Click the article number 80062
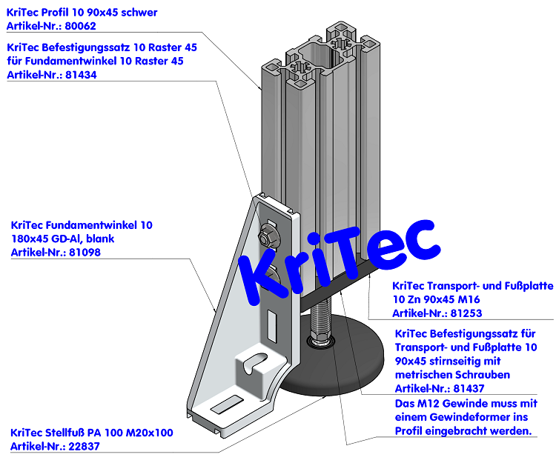click(80, 26)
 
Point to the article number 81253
click(466, 313)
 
